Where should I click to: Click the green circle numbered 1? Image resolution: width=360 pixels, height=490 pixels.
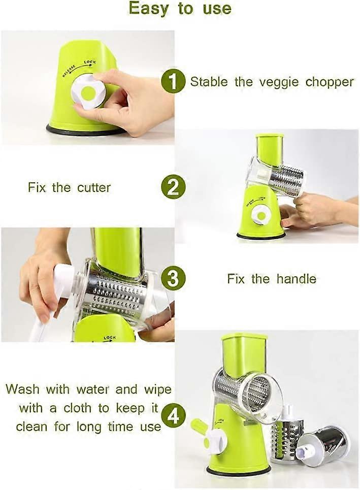(173, 82)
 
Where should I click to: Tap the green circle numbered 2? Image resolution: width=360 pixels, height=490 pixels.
(173, 188)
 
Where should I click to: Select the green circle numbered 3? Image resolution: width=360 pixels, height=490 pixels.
(173, 278)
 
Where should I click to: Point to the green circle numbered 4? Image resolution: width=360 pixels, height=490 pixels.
(173, 416)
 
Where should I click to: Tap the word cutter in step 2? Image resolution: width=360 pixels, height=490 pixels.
(94, 187)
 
